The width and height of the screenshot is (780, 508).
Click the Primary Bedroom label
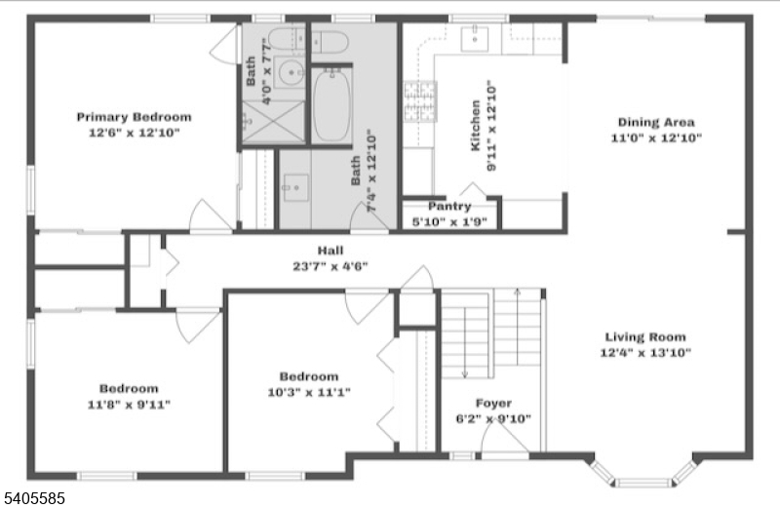click(134, 117)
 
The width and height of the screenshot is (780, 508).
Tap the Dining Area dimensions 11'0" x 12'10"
click(656, 137)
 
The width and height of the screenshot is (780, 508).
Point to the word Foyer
click(492, 403)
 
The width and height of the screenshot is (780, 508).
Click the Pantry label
click(449, 207)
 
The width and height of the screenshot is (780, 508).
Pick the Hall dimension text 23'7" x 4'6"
click(330, 266)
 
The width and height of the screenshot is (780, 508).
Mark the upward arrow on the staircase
click(516, 293)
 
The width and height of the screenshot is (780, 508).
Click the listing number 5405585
click(33, 497)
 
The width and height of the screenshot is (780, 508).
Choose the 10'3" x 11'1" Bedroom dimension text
click(309, 392)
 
